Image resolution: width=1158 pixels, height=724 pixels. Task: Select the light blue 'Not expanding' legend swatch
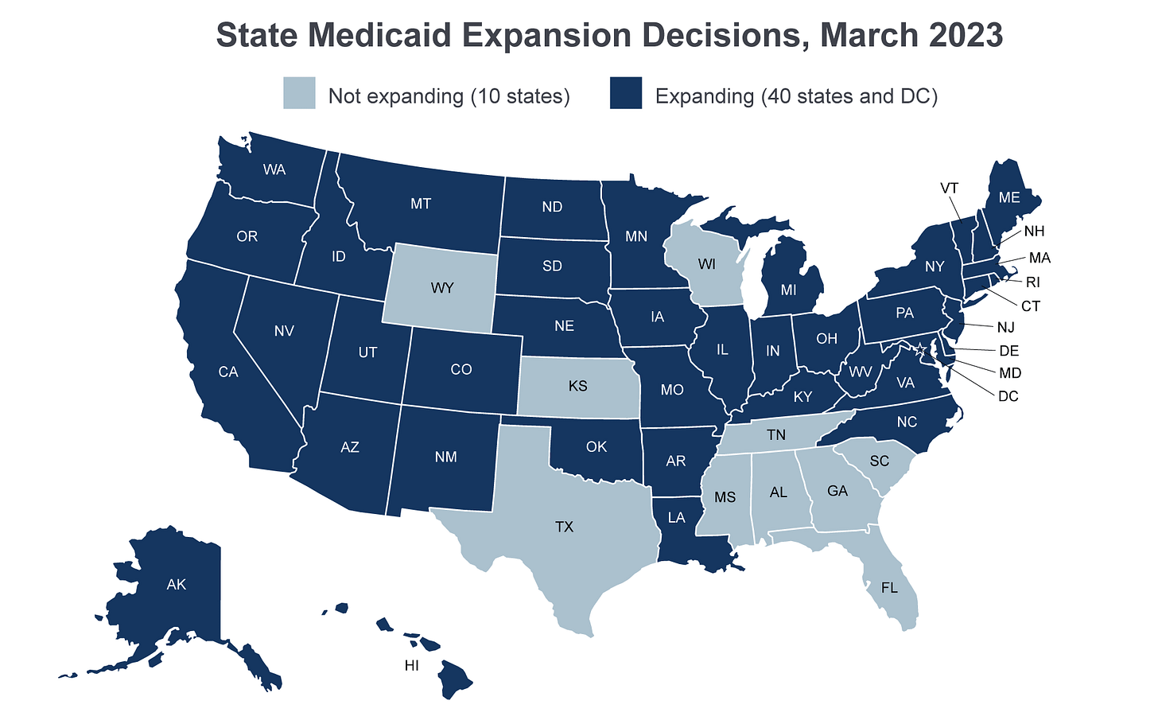coord(299,93)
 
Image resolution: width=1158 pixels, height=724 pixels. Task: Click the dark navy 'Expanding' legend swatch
coord(626,93)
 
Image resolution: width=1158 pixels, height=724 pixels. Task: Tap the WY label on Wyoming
coord(441,288)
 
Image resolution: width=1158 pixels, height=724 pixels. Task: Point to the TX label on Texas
coord(564,527)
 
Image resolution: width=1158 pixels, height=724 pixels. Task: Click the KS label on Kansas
coord(577,387)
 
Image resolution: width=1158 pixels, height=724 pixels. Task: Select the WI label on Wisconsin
coord(707,263)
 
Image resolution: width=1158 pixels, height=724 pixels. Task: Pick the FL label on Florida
coord(890,589)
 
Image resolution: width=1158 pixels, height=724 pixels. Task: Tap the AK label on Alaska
coord(177,585)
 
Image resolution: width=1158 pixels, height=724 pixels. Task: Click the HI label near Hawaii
coord(411,666)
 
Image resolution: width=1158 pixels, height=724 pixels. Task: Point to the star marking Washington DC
coord(921,349)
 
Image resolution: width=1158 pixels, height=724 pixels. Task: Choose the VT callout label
coord(949,189)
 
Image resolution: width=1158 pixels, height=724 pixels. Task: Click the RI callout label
coord(1033,282)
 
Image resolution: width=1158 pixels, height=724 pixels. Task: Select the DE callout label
coord(1009,351)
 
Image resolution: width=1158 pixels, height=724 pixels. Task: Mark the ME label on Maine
coord(1009,198)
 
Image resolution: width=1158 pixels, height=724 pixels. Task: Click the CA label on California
coord(228,372)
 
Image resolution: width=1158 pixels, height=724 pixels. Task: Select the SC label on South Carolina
coord(879,461)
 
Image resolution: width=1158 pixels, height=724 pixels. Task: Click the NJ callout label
coord(1006,327)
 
